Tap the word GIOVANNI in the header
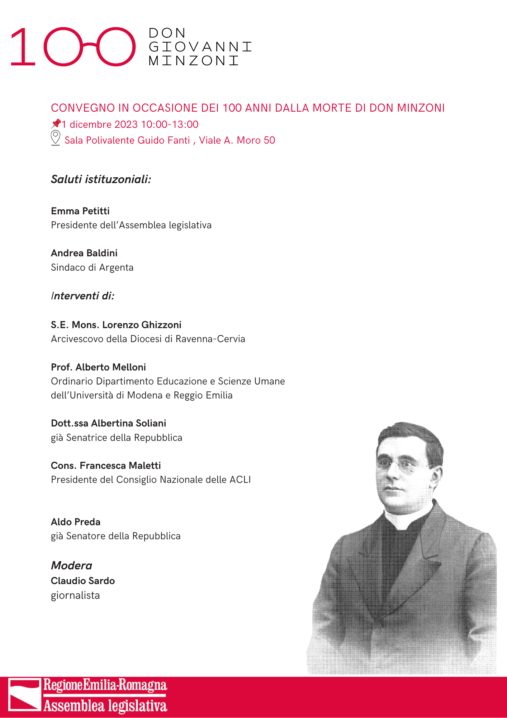point(200,47)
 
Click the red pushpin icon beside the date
point(56,124)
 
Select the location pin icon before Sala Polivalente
point(56,138)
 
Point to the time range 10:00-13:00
point(170,124)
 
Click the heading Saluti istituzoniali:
point(101,179)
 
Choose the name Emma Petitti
point(80,211)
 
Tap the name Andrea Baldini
point(84,253)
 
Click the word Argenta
point(116,267)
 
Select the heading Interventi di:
point(83,296)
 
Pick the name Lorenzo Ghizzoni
point(142,325)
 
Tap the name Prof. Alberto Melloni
point(98,367)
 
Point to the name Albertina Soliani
point(129,423)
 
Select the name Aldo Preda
point(76,522)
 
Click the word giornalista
point(75,595)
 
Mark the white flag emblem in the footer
point(24,695)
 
